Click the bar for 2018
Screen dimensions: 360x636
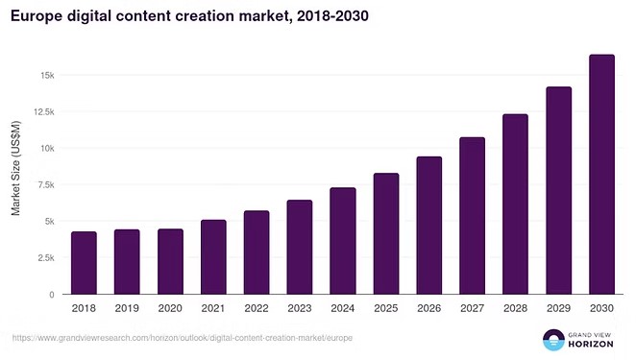coord(84,263)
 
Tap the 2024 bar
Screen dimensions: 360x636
coord(343,241)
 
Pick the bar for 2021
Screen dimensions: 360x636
coord(213,257)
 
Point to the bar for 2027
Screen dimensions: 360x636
coord(472,216)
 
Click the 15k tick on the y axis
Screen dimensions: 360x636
coord(46,76)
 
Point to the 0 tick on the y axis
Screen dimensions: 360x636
coord(52,295)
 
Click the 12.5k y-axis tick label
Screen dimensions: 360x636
coord(42,112)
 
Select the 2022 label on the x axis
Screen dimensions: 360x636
coord(257,309)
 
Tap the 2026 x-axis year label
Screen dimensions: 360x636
coord(428,309)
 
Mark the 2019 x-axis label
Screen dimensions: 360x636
coord(127,309)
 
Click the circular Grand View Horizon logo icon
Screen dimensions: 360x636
coord(553,339)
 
